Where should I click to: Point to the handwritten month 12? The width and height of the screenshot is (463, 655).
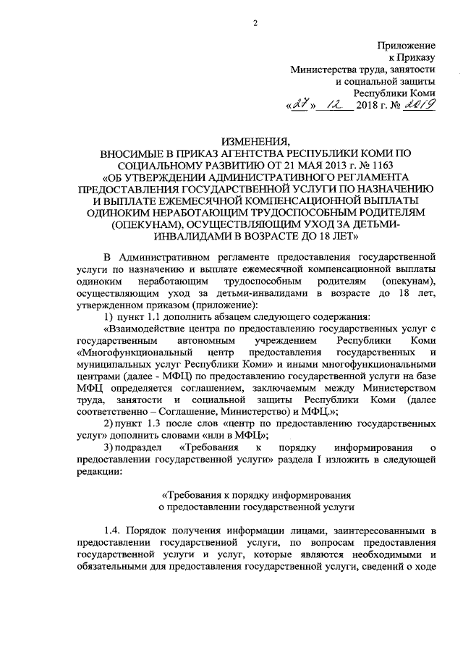click(x=336, y=106)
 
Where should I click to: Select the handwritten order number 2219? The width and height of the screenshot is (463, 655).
click(x=417, y=106)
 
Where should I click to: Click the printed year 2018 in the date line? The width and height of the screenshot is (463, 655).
click(x=368, y=107)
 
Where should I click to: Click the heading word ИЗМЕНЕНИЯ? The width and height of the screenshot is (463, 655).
click(x=255, y=140)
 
